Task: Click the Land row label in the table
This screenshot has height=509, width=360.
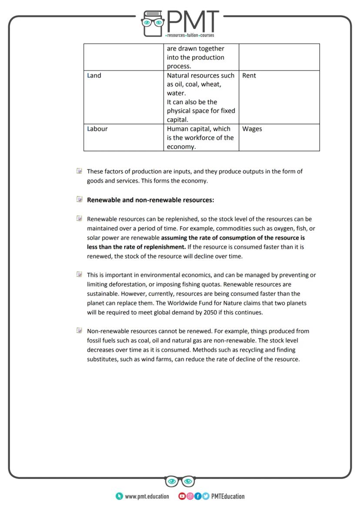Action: pos(94,76)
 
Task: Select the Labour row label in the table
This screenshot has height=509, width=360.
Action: pos(97,129)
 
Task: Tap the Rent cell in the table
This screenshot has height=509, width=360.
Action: pos(249,76)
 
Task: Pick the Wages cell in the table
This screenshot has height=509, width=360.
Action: pos(252,129)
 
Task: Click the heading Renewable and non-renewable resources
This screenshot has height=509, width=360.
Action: pos(150,200)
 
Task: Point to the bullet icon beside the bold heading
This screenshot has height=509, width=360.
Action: pos(79,200)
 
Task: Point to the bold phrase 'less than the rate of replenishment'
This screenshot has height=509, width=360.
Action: pos(136,247)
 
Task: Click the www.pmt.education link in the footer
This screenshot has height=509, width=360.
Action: pos(147,496)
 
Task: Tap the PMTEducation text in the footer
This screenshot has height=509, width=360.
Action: pos(227,496)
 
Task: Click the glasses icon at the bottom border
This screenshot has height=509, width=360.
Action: pos(180,481)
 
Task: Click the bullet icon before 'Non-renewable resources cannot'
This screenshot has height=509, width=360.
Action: pos(79,330)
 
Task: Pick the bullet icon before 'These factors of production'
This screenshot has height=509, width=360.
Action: pos(79,171)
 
